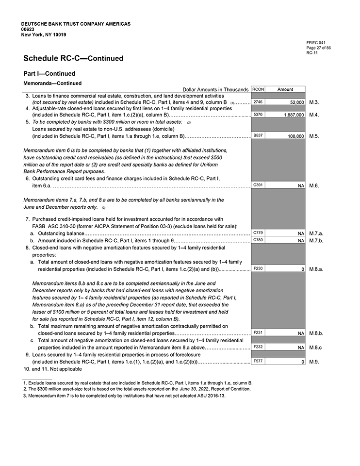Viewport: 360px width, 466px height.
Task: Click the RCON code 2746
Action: (x=258, y=102)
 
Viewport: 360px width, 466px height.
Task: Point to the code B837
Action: (x=258, y=136)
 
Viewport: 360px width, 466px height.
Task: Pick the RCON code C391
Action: (x=258, y=185)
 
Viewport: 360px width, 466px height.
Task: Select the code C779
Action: (x=258, y=233)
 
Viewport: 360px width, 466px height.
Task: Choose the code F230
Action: (x=258, y=268)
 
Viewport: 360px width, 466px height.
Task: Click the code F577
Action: (x=258, y=361)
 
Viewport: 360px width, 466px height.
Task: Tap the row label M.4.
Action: (x=314, y=115)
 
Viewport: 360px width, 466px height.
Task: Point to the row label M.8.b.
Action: (x=316, y=333)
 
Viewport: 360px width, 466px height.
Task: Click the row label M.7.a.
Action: (x=316, y=233)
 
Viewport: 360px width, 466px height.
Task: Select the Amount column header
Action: (x=285, y=89)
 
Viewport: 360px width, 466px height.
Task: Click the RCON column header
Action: (x=258, y=89)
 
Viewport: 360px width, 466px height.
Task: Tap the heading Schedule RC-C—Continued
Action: (x=73, y=59)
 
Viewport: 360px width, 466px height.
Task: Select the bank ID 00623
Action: (x=28, y=29)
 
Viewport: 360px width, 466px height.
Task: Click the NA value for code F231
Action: (x=301, y=333)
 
